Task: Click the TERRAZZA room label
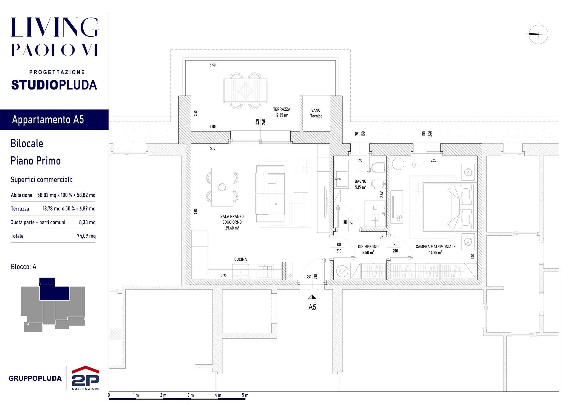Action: point(281,109)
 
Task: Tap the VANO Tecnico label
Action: point(316,113)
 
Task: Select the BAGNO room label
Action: point(361,181)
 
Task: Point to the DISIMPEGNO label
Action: point(368,247)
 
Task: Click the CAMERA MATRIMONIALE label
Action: point(435,247)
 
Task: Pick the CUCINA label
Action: point(241,259)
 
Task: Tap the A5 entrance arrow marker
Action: point(312,297)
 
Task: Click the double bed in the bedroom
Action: point(448,207)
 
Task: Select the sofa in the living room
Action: point(270,193)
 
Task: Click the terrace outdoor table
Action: point(245,91)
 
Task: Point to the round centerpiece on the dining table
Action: point(222,187)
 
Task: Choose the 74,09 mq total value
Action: point(86,236)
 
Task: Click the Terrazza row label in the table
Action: point(20,209)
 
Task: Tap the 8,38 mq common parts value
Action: point(87,222)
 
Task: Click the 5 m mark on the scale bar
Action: point(245,395)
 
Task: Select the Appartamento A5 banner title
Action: point(48,120)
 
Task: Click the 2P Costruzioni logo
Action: point(86,378)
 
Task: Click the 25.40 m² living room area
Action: point(232,228)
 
